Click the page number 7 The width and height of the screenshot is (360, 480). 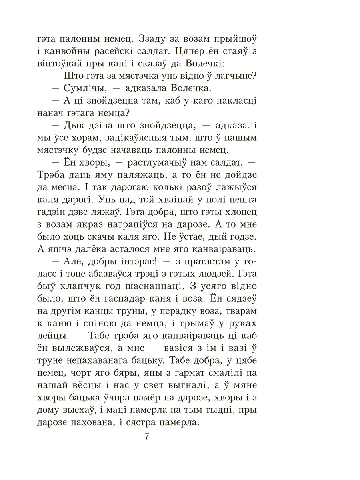tap(146, 437)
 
